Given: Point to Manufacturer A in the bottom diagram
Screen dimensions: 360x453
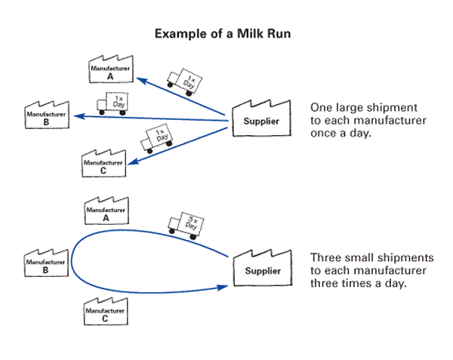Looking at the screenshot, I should click(x=106, y=212).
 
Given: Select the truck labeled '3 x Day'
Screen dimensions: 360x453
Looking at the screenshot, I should click(x=185, y=225).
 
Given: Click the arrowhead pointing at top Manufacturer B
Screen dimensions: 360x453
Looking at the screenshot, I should click(x=77, y=115).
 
